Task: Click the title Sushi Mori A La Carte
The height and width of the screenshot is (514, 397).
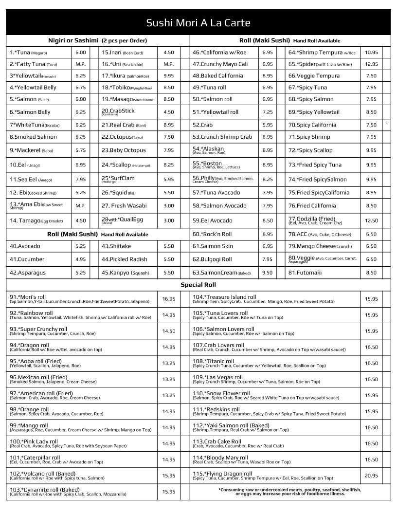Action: (198, 23)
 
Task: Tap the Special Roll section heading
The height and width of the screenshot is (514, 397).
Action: (198, 285)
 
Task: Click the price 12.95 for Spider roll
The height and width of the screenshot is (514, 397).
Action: (371, 64)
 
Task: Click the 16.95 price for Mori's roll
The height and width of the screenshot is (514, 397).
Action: (169, 299)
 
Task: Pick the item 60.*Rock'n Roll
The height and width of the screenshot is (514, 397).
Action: (212, 234)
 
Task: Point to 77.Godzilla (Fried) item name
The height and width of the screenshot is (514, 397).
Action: (312, 219)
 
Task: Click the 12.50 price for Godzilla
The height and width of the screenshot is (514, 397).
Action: (371, 220)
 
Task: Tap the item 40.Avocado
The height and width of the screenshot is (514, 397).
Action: (25, 246)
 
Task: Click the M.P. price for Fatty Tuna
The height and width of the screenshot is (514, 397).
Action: (80, 64)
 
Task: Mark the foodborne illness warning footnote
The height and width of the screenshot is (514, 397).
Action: (289, 492)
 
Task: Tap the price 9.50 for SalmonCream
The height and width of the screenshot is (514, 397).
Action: (268, 273)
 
